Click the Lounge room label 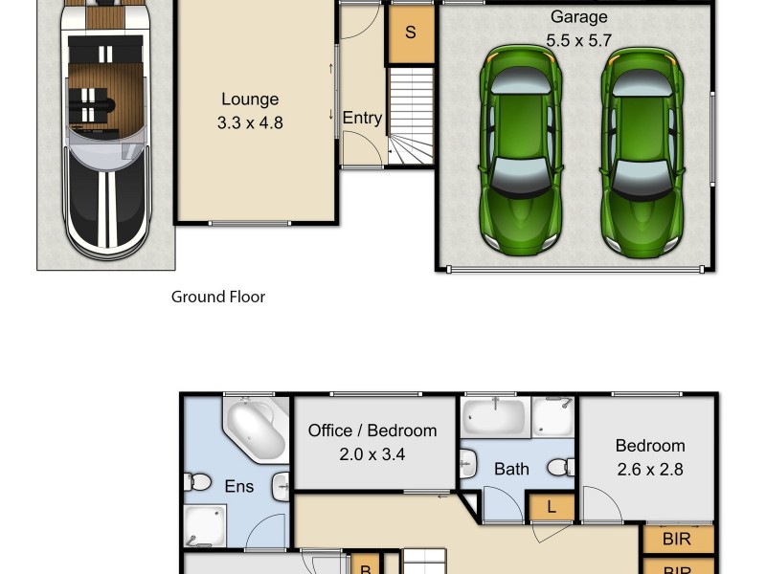coord(250,99)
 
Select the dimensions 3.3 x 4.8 coord(250,122)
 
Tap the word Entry coord(362,118)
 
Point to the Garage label coord(578,17)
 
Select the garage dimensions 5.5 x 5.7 coord(578,40)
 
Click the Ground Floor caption coord(218,297)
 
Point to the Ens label coord(239,487)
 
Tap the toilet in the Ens coord(200,483)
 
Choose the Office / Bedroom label coord(372,430)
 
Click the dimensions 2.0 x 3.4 coord(372,454)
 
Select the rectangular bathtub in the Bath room coord(493,417)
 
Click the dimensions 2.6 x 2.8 coord(650,470)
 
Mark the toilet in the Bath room coord(562,467)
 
